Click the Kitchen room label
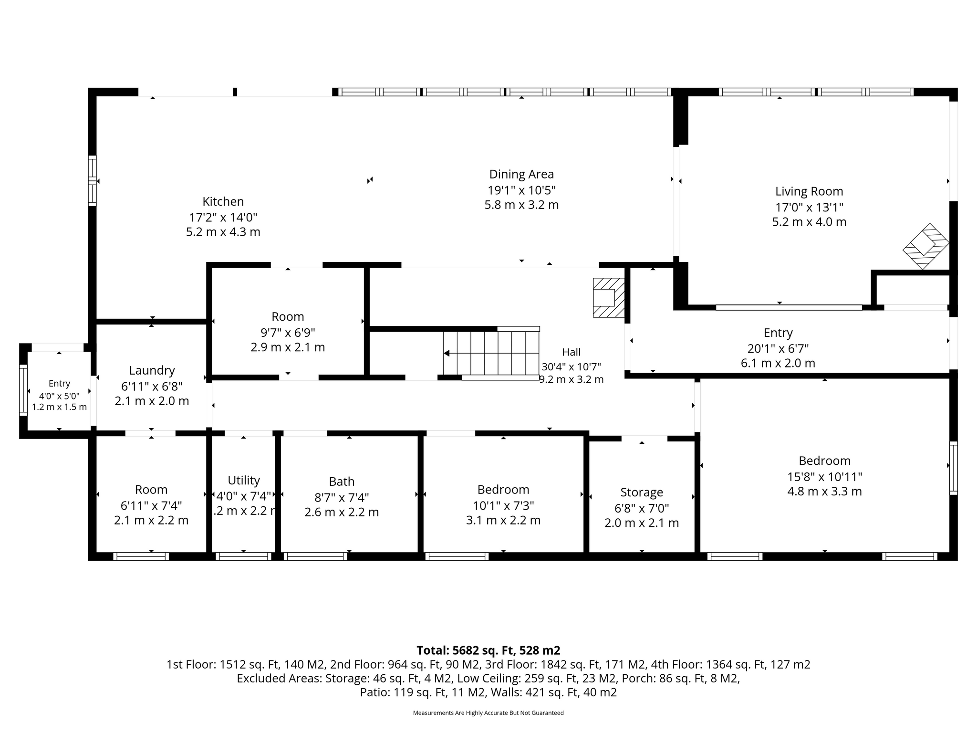click(x=223, y=201)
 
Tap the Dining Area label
click(x=521, y=174)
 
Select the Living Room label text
click(x=809, y=191)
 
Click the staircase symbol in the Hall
click(x=491, y=353)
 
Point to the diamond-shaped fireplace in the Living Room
click(x=925, y=246)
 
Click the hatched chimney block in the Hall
click(x=609, y=297)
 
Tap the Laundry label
click(x=152, y=370)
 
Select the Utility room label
click(x=244, y=480)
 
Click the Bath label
click(x=342, y=482)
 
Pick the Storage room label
click(x=642, y=492)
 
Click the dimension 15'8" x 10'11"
click(x=824, y=476)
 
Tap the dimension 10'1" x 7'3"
click(x=503, y=505)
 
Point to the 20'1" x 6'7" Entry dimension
click(x=778, y=348)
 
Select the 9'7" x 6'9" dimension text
click(x=288, y=332)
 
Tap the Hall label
click(x=571, y=352)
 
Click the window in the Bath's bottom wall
click(x=315, y=556)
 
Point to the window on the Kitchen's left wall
click(x=93, y=181)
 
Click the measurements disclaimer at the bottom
click(x=488, y=713)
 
